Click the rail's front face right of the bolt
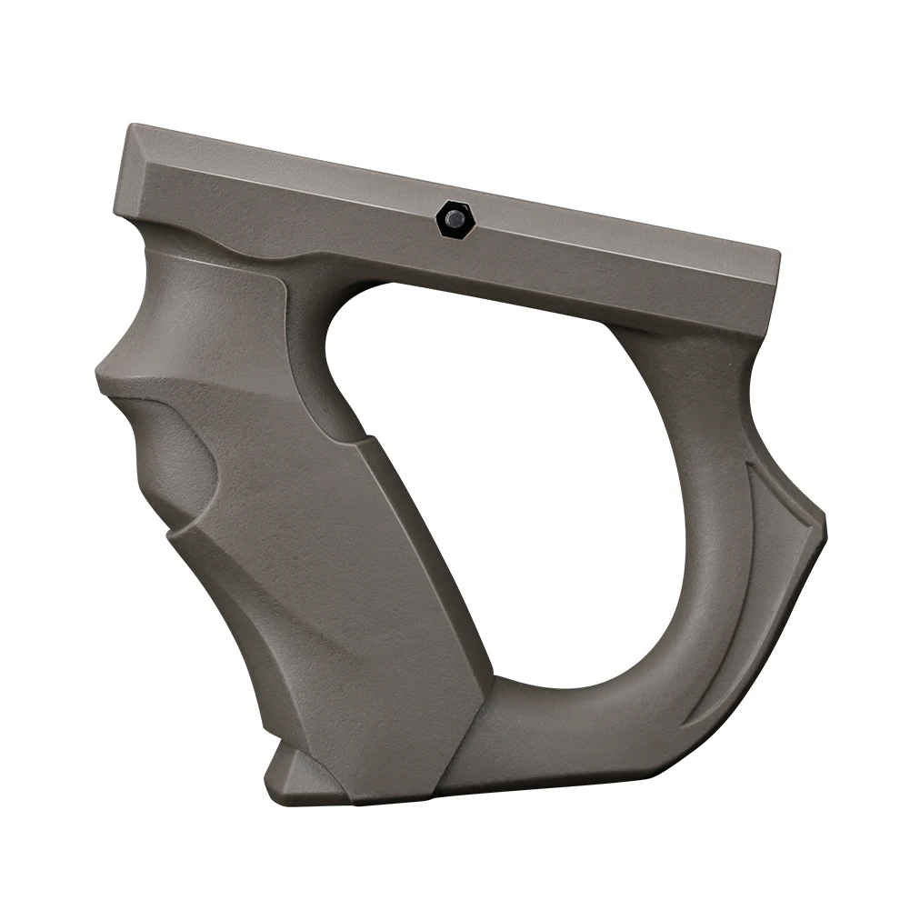click(618, 264)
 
